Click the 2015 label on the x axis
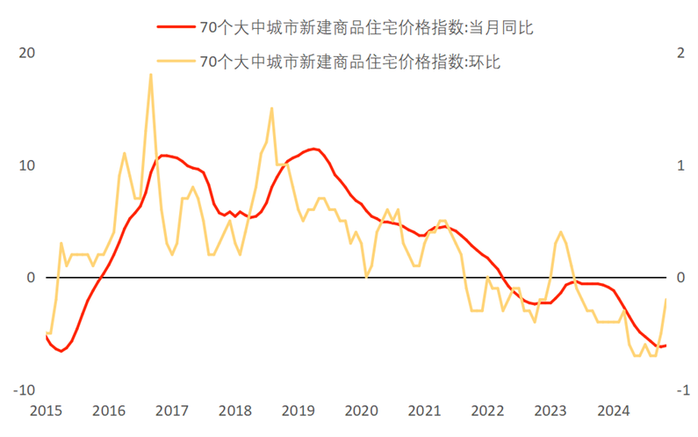coord(46,411)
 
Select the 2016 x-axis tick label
coord(109,411)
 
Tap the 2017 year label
coord(172,411)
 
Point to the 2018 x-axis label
coord(235,411)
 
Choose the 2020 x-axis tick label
coord(362,411)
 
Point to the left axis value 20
coord(27,53)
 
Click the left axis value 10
coord(27,165)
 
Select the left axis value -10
coord(25,390)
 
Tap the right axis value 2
coord(680,53)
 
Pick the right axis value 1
coord(680,165)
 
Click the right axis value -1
coord(678,390)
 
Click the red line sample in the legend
coord(176,27)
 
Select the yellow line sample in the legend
coord(176,61)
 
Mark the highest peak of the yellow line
coord(151,74)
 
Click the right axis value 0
coord(680,278)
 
